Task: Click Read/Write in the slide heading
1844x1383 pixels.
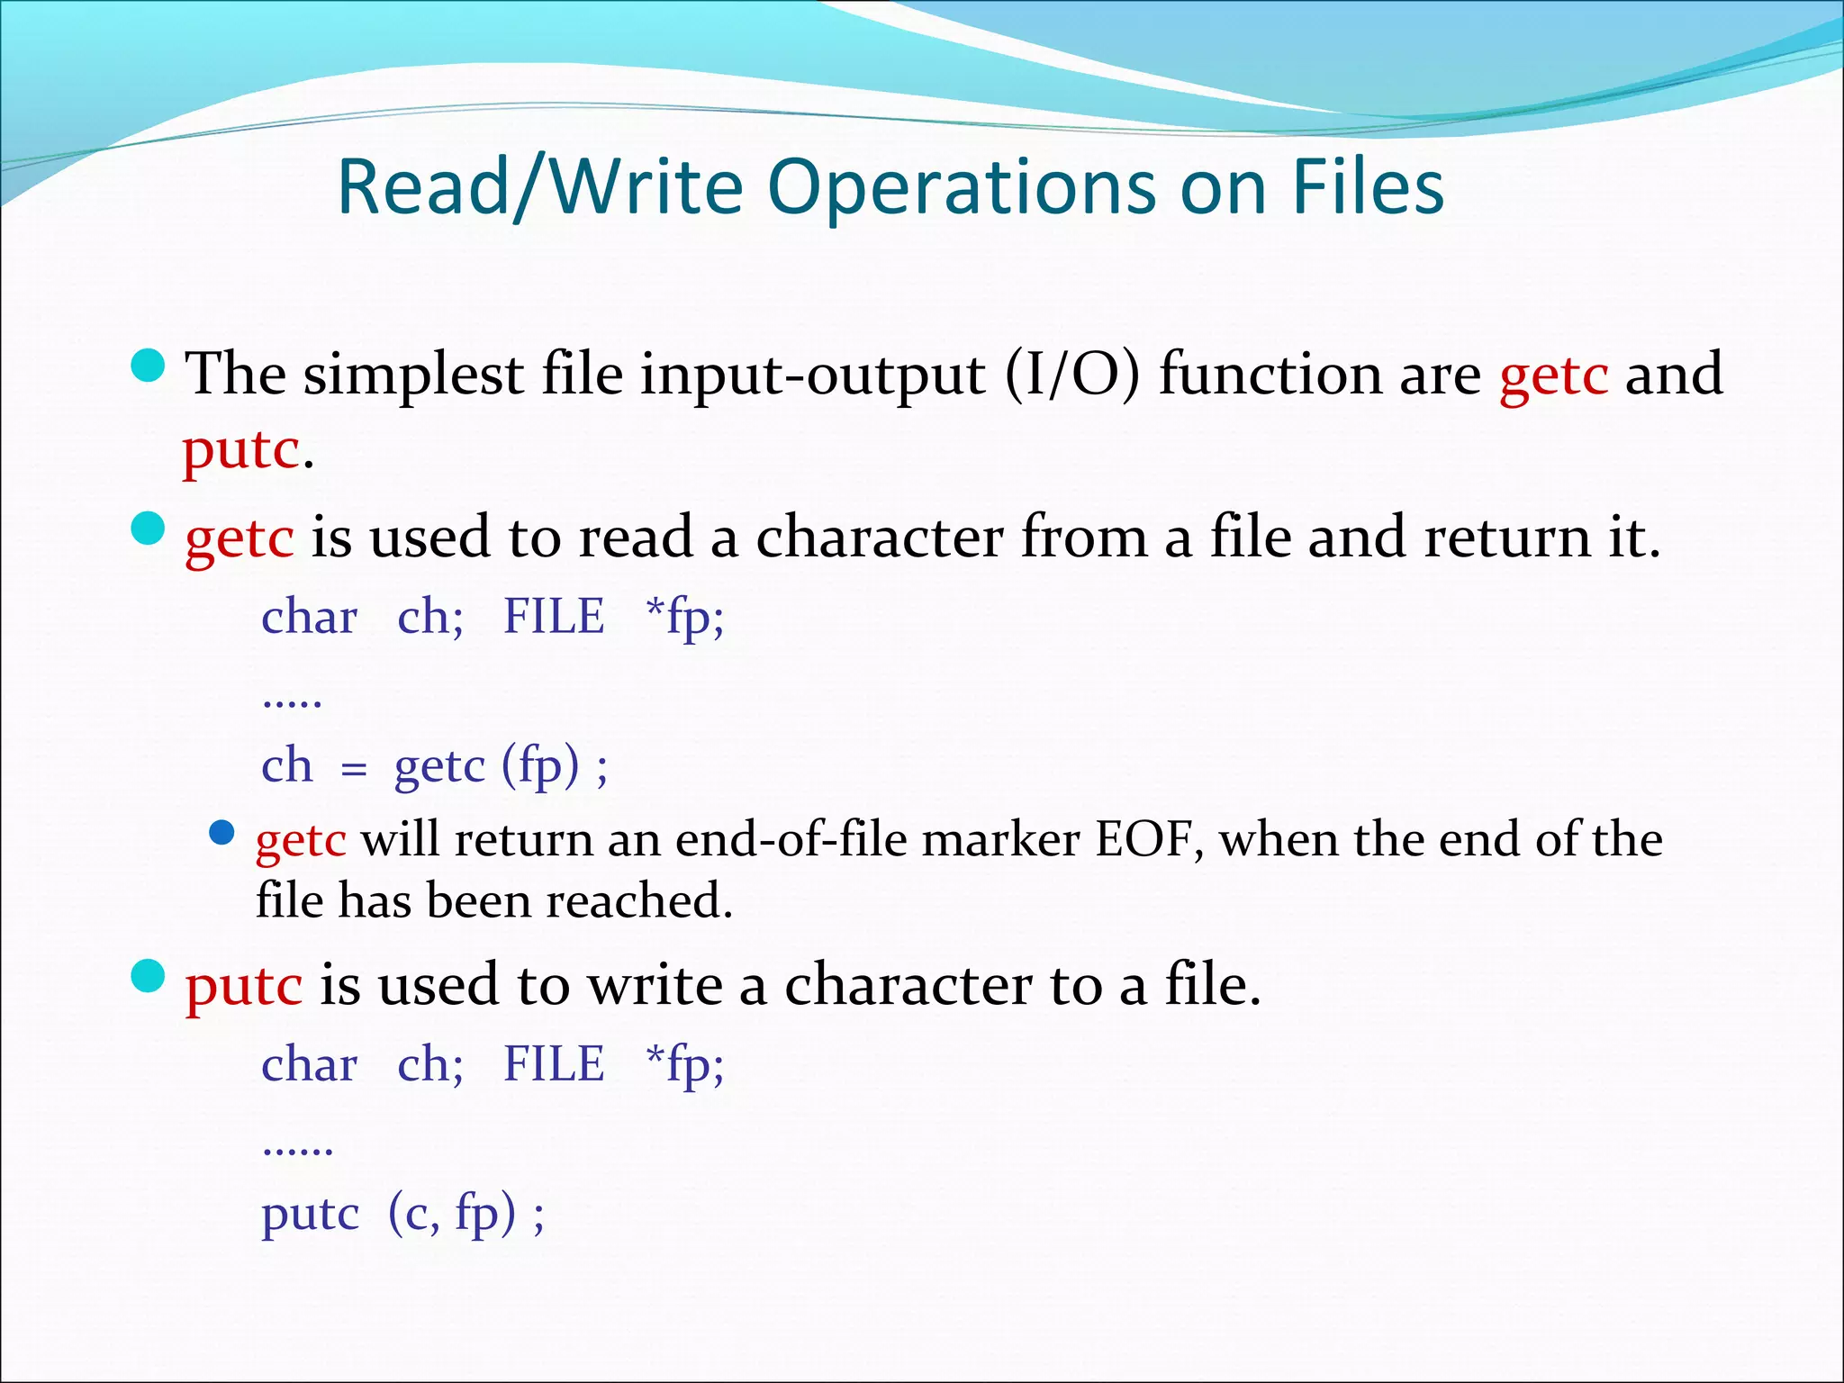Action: [x=540, y=187]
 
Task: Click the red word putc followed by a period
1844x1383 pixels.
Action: [x=240, y=450]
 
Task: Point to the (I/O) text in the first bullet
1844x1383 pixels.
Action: [x=1071, y=374]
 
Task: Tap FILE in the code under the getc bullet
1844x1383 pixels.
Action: [x=554, y=617]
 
